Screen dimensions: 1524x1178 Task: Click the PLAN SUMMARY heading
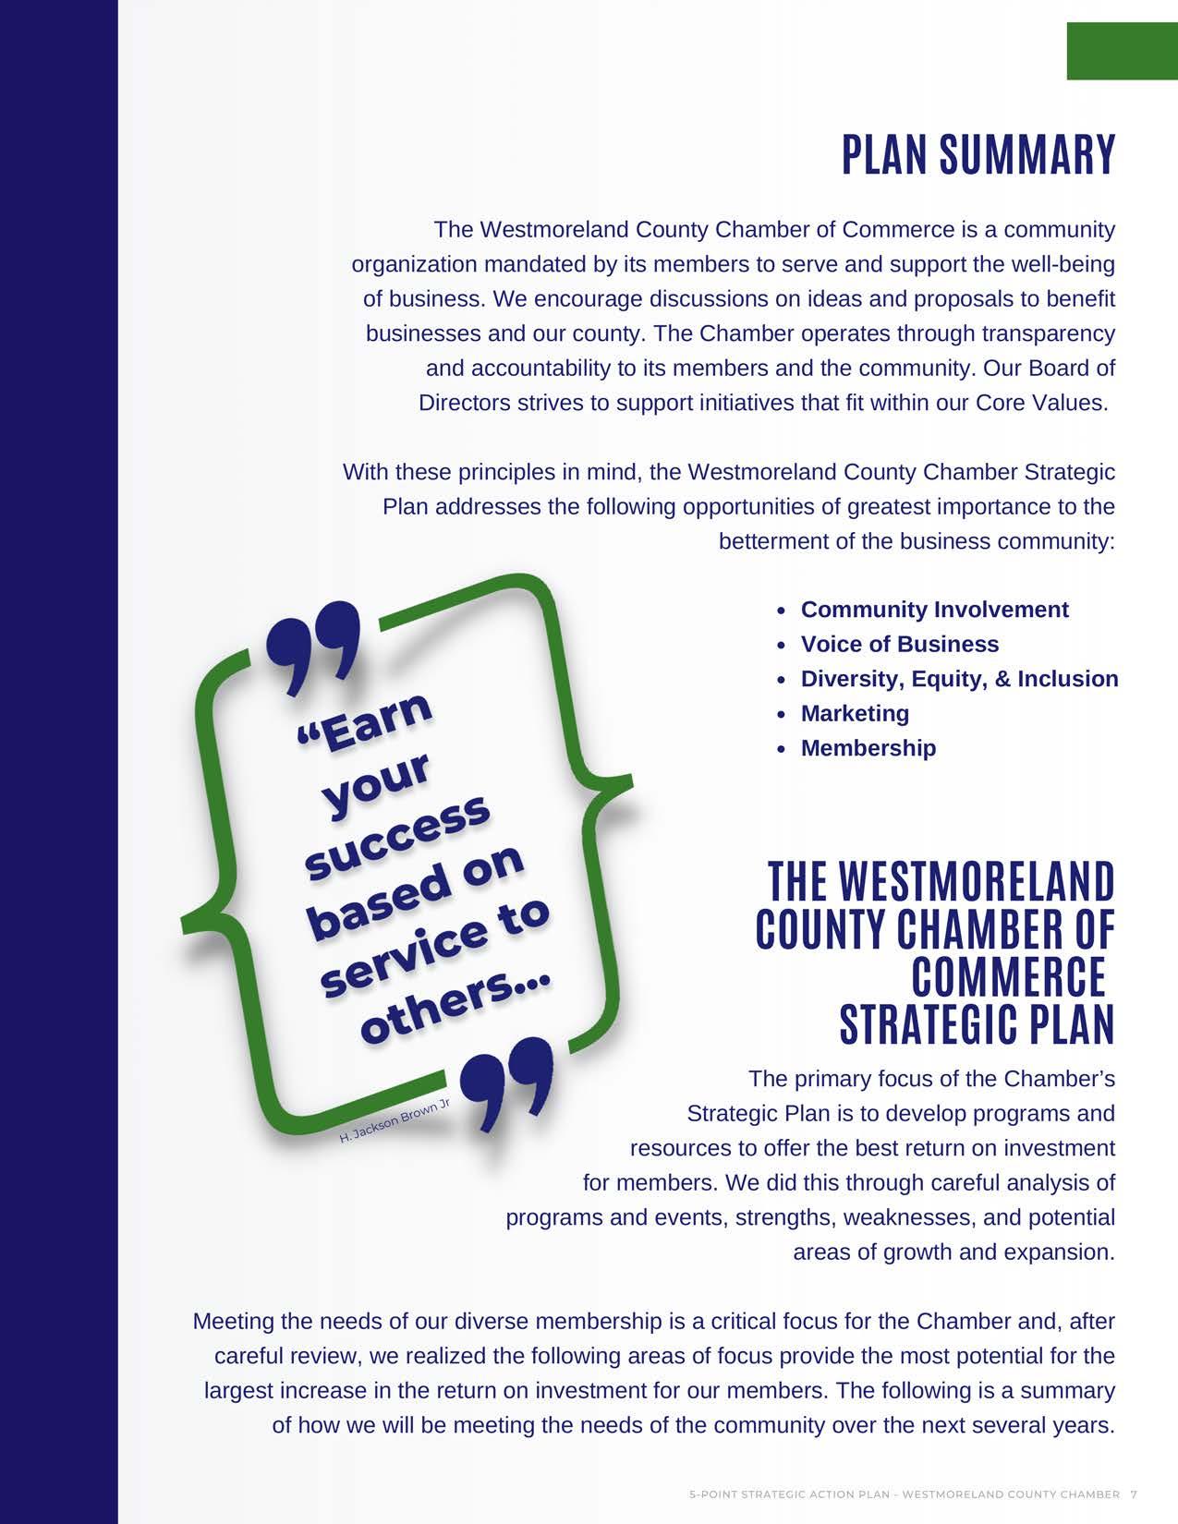(978, 155)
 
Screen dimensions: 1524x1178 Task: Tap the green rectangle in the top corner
(1122, 52)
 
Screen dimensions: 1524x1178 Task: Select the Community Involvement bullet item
(934, 610)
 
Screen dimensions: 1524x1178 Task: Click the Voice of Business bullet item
(899, 644)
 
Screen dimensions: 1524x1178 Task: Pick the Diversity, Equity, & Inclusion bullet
(959, 679)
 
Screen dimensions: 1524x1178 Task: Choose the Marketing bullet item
(855, 713)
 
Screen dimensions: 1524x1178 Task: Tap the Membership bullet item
(868, 748)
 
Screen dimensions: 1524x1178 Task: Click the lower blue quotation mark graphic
(507, 1081)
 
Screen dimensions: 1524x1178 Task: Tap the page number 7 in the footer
(1134, 1494)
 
